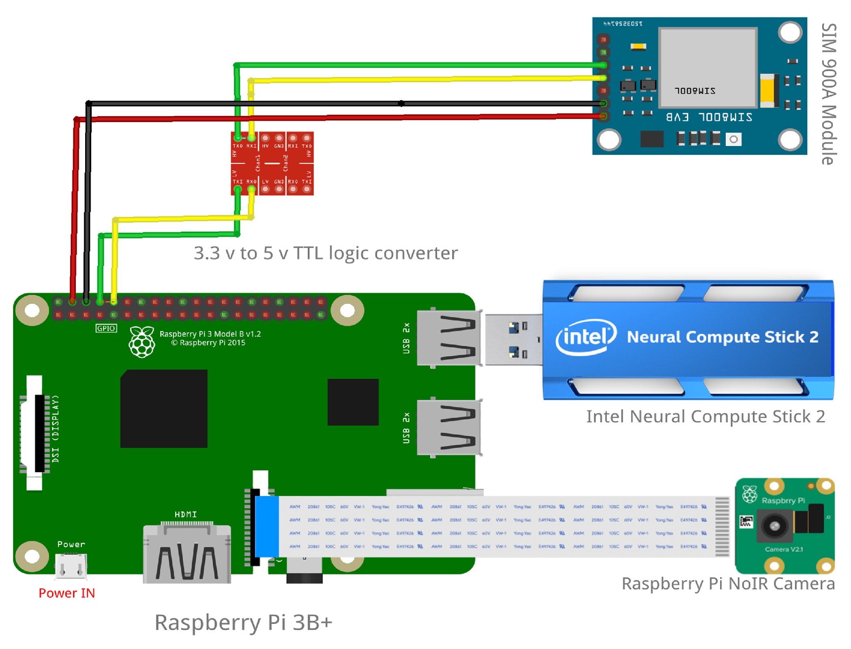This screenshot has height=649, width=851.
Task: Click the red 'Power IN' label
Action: (66, 593)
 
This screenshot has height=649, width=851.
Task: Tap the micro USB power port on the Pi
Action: (71, 565)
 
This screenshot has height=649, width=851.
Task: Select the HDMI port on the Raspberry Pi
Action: (187, 554)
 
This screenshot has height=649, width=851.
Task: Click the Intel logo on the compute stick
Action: (585, 337)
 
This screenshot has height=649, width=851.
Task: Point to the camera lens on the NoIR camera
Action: (774, 526)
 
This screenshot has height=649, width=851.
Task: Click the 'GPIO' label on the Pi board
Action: (106, 328)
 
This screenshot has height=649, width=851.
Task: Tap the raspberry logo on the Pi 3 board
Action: (141, 342)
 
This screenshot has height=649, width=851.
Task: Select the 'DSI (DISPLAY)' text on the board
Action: (56, 428)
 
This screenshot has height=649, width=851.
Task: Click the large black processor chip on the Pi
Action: (164, 408)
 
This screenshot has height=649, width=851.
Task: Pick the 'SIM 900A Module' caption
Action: (829, 94)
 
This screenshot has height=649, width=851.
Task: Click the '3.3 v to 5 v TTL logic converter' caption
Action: (326, 253)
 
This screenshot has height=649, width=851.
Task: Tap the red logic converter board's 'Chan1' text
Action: (258, 163)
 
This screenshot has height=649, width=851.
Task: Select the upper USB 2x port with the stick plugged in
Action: (449, 338)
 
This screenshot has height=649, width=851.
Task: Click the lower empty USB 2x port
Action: (449, 428)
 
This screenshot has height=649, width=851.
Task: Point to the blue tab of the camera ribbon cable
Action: (267, 526)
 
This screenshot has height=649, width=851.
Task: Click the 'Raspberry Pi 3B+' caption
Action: (243, 622)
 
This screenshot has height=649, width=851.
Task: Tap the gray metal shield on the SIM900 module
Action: (707, 67)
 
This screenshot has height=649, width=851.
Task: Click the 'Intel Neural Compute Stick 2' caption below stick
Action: (705, 417)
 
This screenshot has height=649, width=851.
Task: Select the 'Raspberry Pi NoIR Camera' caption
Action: (728, 584)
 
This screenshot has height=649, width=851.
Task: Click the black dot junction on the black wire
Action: (401, 103)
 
